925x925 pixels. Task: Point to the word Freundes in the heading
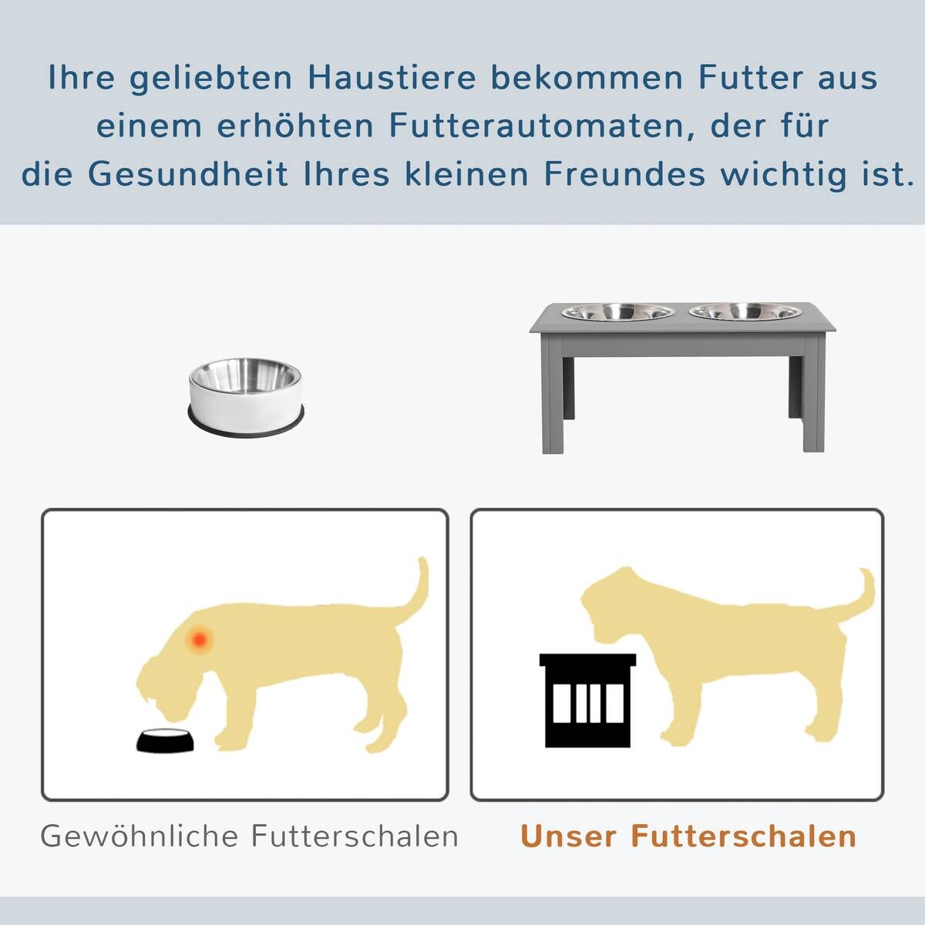click(625, 174)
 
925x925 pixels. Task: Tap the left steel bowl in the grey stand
click(618, 312)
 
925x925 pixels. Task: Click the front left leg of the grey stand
click(557, 405)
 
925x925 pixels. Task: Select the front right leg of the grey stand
click(813, 405)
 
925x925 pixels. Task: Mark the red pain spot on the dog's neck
click(200, 638)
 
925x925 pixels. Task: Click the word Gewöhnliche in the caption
click(139, 836)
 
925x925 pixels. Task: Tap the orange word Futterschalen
click(744, 836)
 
